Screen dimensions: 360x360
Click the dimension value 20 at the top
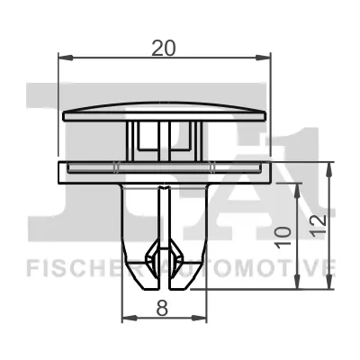(x=164, y=49)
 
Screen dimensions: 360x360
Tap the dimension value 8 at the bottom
(x=162, y=308)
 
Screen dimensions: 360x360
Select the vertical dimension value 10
(x=283, y=238)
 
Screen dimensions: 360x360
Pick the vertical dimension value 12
(x=318, y=226)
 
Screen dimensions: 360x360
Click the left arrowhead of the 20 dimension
(x=66, y=58)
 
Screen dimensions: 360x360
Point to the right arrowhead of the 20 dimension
(x=263, y=58)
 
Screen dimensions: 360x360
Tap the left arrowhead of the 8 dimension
(x=130, y=318)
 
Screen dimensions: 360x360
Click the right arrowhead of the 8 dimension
(x=199, y=318)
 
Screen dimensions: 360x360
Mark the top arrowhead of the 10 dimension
(x=297, y=191)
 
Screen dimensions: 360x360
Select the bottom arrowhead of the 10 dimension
(x=297, y=282)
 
